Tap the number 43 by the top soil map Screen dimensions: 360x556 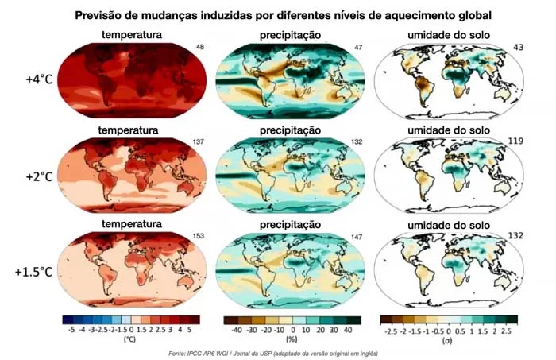[516, 47]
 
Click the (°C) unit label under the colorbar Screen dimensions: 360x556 [130, 339]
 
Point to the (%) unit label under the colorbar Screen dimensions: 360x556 [291, 339]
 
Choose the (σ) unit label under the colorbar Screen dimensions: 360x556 [450, 339]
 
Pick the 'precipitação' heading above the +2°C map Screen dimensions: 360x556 [290, 130]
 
